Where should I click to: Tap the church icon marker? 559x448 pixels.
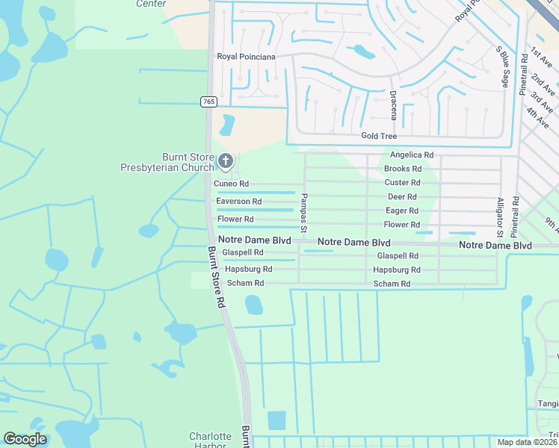225,161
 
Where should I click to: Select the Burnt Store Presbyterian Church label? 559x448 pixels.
167,162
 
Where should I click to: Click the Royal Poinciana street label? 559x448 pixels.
246,57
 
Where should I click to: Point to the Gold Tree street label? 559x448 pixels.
379,136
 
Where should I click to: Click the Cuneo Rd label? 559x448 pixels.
231,184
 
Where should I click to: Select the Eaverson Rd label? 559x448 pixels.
238,202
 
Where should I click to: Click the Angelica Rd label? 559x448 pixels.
412,155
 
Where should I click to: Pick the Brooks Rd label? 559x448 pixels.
403,169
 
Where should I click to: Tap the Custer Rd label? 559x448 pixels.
402,182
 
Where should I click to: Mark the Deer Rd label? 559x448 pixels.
402,196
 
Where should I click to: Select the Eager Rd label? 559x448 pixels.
402,211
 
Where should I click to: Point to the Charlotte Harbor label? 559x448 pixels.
210,441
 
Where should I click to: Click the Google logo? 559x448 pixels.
25,439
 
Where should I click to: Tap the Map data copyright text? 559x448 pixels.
528,442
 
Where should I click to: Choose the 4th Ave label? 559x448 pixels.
538,116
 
